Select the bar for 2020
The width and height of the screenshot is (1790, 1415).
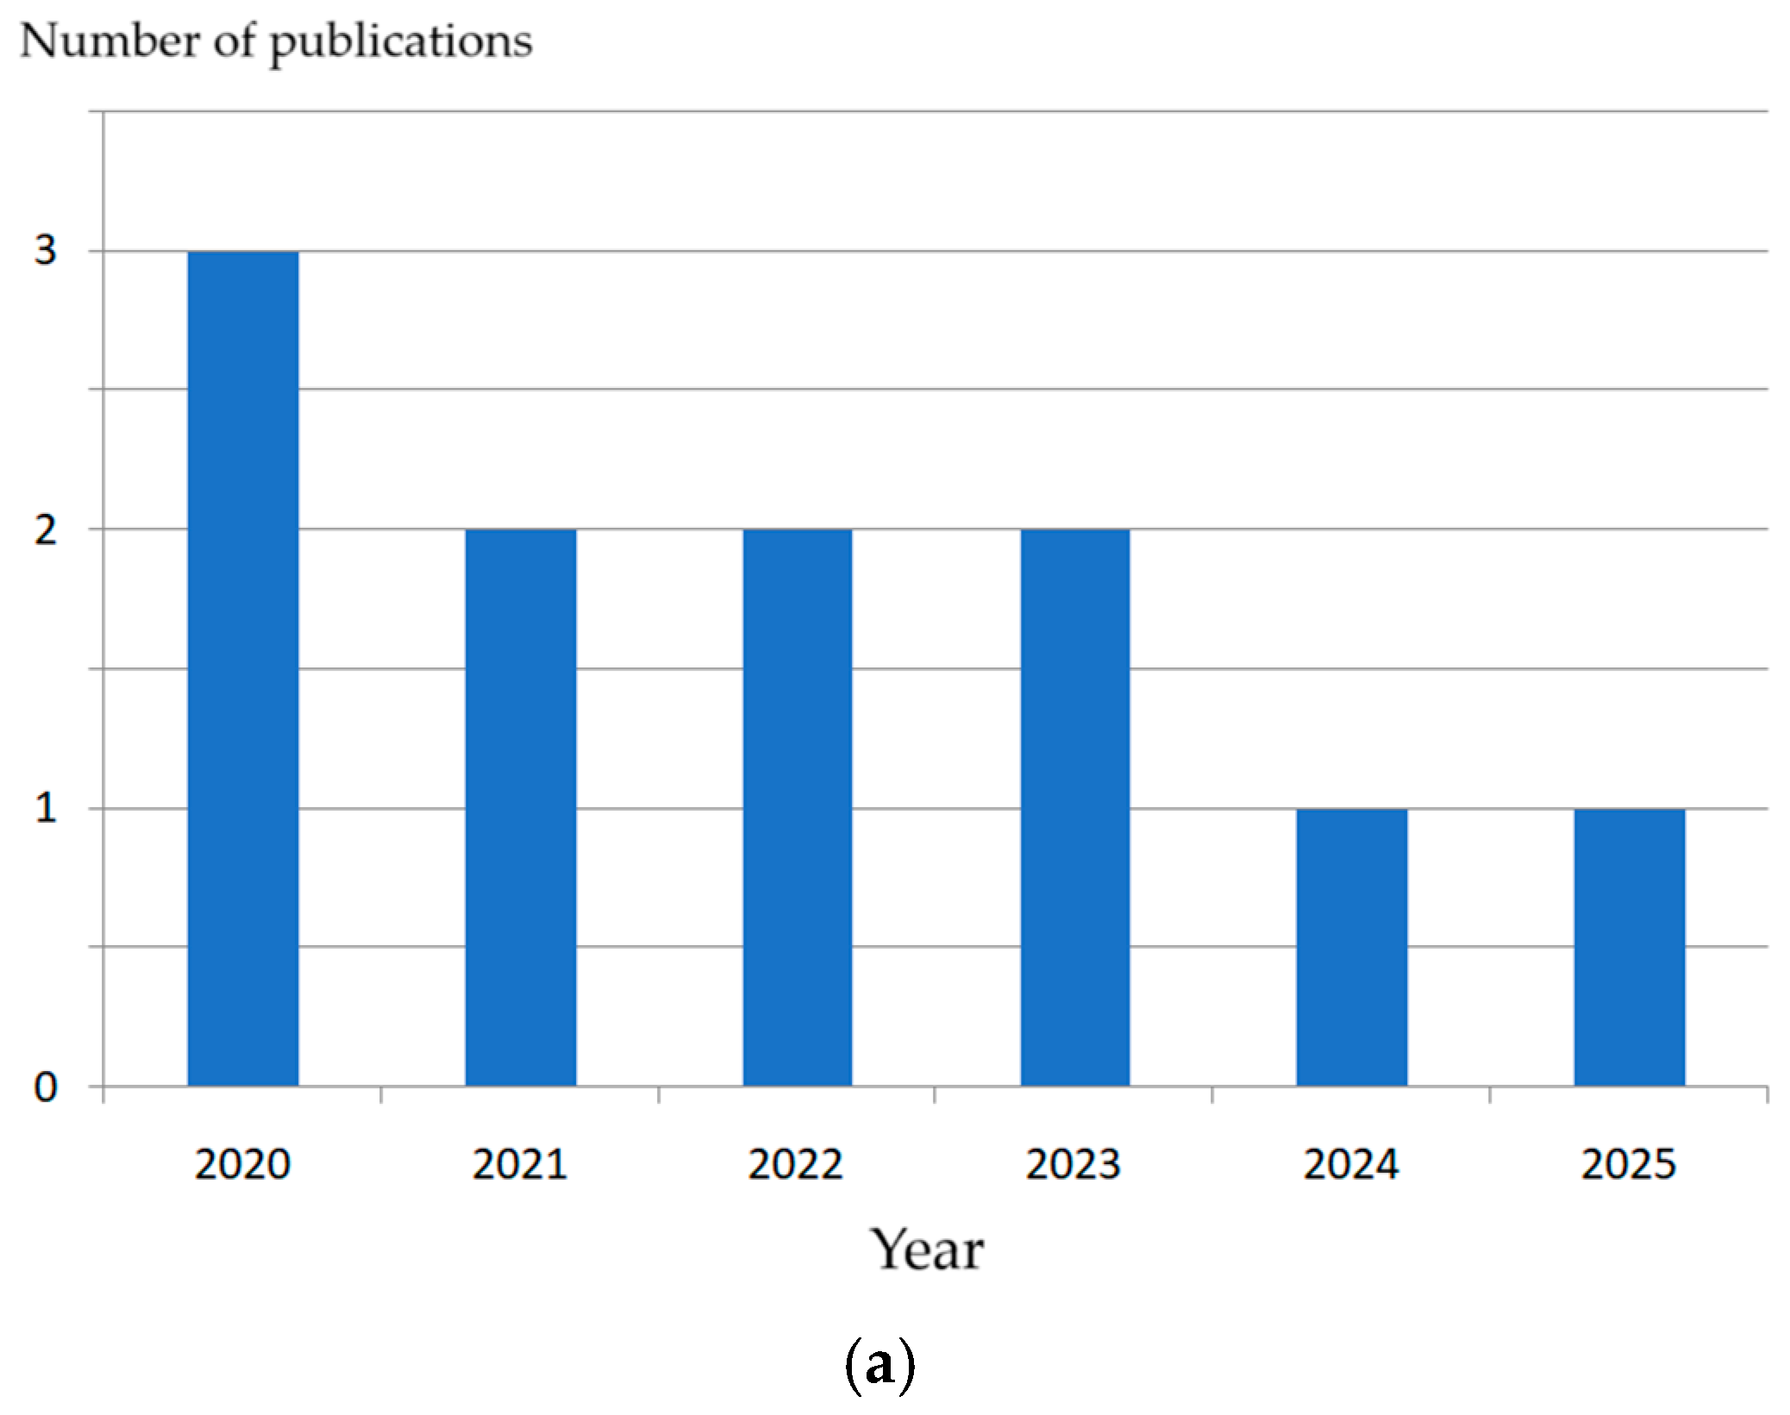(243, 668)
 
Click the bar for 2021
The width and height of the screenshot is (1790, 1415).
(521, 807)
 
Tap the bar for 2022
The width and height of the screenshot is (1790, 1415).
(798, 807)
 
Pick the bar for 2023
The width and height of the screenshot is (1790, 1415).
(1075, 807)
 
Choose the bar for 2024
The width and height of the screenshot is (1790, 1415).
(1352, 947)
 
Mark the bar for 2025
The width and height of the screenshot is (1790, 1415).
(1630, 947)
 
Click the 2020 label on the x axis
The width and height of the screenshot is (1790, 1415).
(242, 1165)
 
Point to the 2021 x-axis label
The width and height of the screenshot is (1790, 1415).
(520, 1165)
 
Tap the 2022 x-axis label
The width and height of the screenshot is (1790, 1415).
(796, 1165)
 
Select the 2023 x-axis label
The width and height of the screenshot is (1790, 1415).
(1073, 1165)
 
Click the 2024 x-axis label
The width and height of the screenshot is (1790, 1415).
(1351, 1165)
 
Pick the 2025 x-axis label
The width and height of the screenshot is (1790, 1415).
(1629, 1165)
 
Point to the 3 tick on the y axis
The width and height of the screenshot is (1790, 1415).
(45, 251)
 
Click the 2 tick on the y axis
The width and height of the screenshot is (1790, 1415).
(45, 529)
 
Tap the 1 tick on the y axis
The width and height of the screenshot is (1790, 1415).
(45, 809)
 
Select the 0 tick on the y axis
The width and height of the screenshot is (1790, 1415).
(45, 1087)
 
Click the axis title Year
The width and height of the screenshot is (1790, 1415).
(927, 1249)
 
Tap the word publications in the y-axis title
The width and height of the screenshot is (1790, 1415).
(401, 43)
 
